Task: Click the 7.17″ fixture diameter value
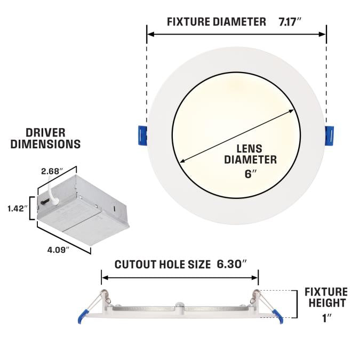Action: tap(290, 22)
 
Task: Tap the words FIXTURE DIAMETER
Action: tap(217, 22)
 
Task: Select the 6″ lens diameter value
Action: tap(250, 174)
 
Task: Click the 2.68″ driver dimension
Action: tap(52, 171)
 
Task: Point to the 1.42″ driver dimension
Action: tap(18, 209)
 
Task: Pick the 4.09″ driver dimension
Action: tap(58, 250)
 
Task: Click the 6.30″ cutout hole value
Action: tap(231, 264)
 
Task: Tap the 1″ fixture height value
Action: tap(327, 318)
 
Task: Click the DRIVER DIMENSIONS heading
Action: tap(45, 139)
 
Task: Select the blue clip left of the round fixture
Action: tap(142, 135)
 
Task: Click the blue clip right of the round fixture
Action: tap(329, 135)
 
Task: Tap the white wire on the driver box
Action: tap(53, 191)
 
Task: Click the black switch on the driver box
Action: tap(45, 202)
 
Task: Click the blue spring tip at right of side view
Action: tap(277, 316)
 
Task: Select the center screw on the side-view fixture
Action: tap(179, 305)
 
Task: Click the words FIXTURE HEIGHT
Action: tap(326, 297)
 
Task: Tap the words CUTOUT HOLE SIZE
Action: tap(163, 264)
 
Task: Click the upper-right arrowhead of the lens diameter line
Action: tap(292, 111)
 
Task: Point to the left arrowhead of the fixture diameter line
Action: tap(150, 35)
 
